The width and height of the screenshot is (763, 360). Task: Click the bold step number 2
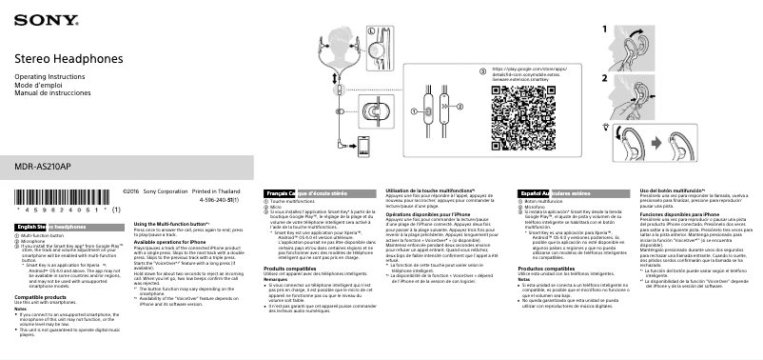603,76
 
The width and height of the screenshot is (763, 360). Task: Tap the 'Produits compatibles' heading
289,270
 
